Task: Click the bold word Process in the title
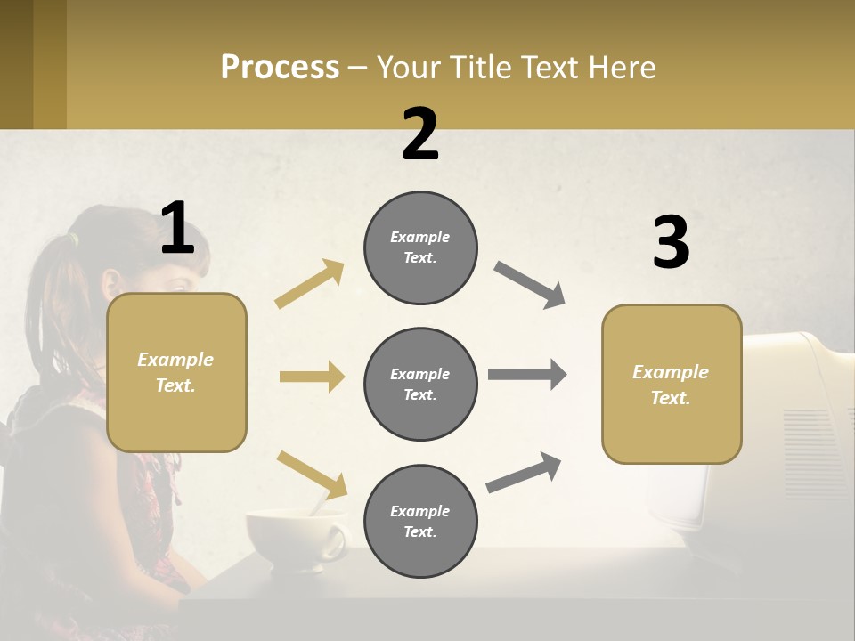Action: tap(280, 68)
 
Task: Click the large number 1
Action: tap(177, 229)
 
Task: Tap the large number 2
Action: tap(420, 135)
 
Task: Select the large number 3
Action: tap(671, 243)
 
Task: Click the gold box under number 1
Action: tap(176, 372)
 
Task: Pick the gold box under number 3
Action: tap(672, 384)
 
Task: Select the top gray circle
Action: tap(420, 247)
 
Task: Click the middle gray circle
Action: tap(420, 384)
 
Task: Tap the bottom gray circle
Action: tap(420, 521)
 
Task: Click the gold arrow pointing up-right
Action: tap(310, 284)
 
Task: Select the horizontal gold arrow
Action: tap(312, 377)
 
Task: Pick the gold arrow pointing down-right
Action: tap(312, 475)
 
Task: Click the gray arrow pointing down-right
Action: tap(530, 285)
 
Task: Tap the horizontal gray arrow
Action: tap(527, 375)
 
